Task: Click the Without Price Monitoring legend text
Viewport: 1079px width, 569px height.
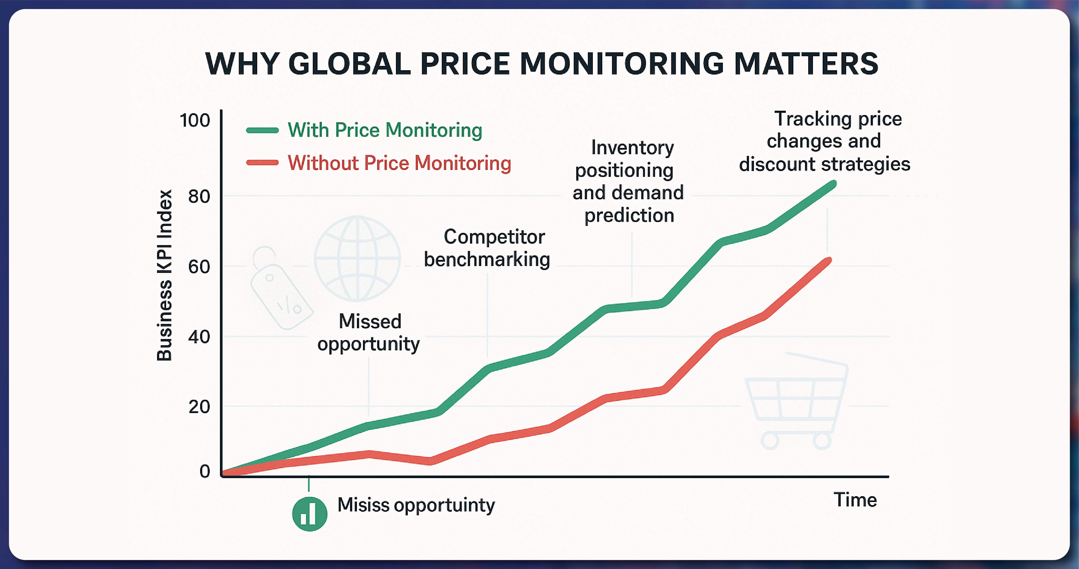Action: [399, 163]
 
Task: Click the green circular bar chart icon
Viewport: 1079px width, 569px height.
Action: [310, 514]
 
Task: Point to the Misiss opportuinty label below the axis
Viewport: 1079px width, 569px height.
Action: [416, 505]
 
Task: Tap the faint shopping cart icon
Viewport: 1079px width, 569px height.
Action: [796, 402]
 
